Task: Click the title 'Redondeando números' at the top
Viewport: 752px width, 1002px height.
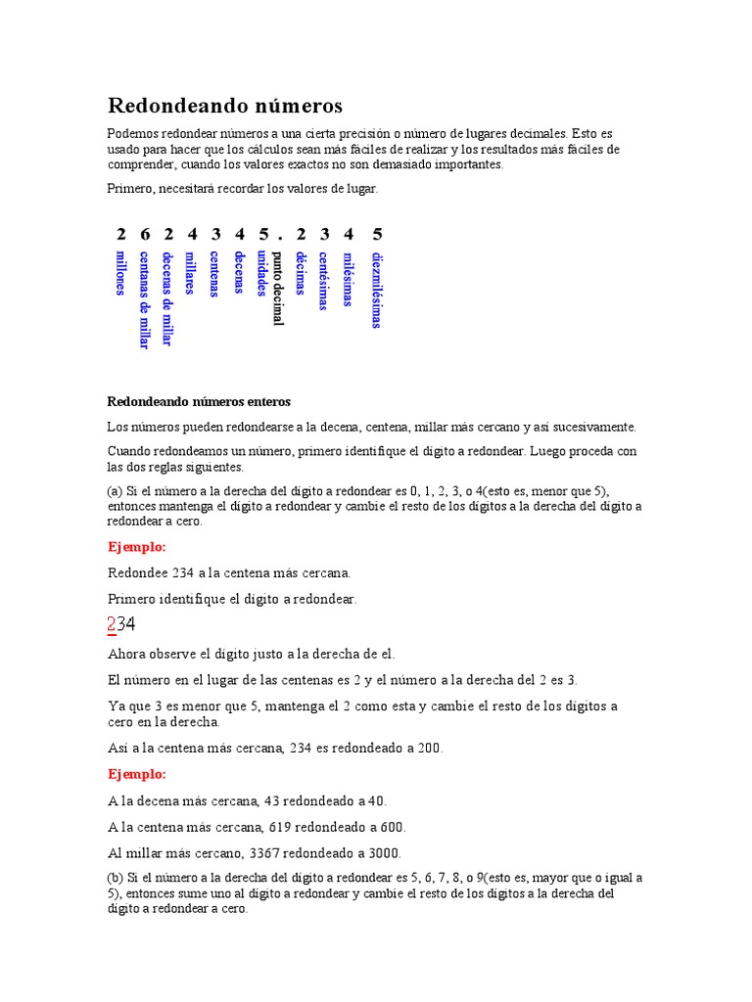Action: pos(224,105)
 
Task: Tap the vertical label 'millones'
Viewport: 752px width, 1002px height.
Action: pos(120,272)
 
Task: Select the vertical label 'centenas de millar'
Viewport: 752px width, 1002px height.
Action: pos(144,299)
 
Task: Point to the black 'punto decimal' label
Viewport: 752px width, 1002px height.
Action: pos(277,288)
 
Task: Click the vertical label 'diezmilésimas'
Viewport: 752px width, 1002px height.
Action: pos(377,291)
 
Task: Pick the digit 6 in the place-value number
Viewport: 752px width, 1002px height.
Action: pos(145,234)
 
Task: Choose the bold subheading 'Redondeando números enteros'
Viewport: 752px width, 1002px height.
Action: pos(199,402)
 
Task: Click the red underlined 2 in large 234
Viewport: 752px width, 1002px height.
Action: pos(112,624)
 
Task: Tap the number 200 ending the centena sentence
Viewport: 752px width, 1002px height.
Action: pos(429,749)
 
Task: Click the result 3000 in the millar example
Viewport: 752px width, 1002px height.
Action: pos(384,852)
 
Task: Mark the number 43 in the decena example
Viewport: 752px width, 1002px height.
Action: pos(260,800)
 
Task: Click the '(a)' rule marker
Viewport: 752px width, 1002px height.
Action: pos(115,491)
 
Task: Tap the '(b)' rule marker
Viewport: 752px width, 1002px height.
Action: pos(115,878)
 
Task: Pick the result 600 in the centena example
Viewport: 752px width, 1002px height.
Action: pos(392,827)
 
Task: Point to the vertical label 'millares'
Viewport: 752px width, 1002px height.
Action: pos(191,273)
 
